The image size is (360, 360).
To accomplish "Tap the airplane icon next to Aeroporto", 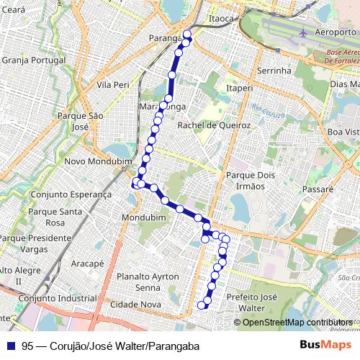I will coord(303,32).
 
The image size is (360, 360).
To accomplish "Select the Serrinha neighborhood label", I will coord(274,71).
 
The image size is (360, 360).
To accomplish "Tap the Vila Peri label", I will coord(112,84).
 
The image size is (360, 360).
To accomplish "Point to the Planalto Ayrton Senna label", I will coord(148,282).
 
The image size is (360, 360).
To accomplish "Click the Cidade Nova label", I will coord(140,305).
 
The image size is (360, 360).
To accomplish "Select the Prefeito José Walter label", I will coord(251,302).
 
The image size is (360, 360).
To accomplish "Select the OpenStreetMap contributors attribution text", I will coord(297,322).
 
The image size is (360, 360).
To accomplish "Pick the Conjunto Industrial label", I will coord(58,298).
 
